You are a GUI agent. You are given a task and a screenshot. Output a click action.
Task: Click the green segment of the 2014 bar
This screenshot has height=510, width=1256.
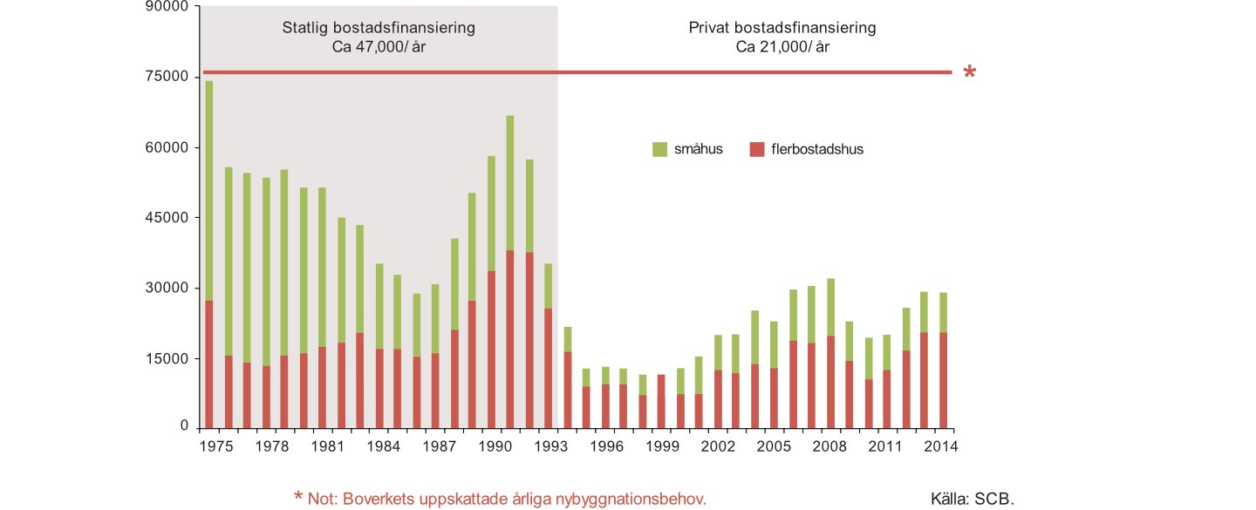(x=944, y=312)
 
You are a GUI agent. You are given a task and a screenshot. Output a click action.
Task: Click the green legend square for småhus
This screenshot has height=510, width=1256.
(x=659, y=149)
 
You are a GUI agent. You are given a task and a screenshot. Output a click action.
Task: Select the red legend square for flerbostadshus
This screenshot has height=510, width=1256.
(x=755, y=149)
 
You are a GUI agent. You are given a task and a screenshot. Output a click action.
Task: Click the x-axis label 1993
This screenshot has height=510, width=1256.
(x=540, y=446)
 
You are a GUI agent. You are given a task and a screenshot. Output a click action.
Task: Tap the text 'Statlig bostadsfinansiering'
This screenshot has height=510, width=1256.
(x=379, y=28)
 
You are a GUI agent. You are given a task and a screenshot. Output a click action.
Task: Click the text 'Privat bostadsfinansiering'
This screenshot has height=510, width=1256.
(x=782, y=28)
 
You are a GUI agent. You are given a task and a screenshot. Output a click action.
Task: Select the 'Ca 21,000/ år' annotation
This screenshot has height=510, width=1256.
(x=782, y=46)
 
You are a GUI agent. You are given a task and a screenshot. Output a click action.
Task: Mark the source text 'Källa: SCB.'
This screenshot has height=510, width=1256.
(x=973, y=500)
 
